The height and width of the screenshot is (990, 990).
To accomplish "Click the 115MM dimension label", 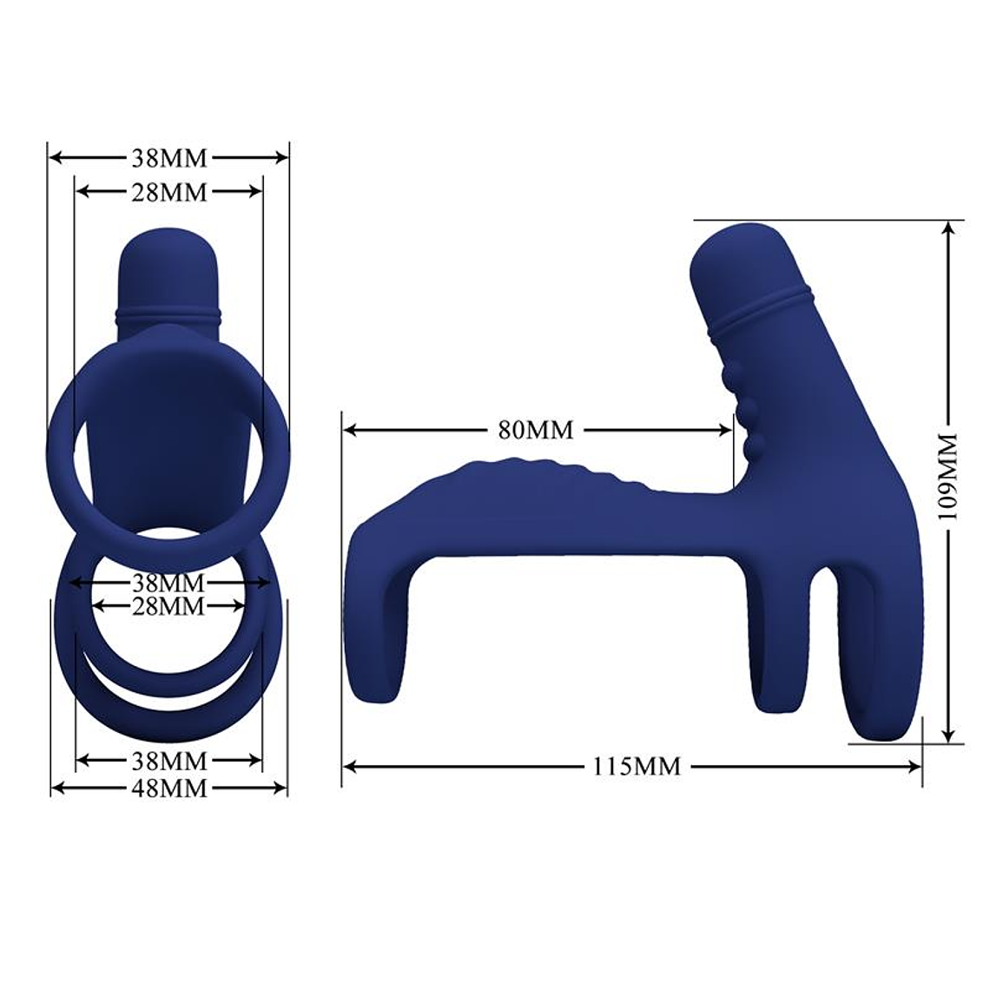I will click(637, 766).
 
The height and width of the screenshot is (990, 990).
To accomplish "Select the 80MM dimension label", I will click(536, 429).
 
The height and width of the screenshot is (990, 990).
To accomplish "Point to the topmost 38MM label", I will click(169, 158).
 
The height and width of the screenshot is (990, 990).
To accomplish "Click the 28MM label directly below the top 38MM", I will click(169, 191).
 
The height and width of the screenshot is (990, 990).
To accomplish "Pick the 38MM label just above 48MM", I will click(169, 762).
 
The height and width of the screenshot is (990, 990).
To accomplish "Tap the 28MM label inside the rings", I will click(169, 605).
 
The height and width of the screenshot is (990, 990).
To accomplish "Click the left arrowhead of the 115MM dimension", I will click(350, 766).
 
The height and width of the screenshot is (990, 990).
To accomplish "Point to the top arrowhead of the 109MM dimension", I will click(949, 228).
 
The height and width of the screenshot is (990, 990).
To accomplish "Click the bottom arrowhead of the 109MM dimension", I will click(949, 735).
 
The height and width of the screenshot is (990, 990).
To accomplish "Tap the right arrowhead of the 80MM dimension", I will click(725, 429).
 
